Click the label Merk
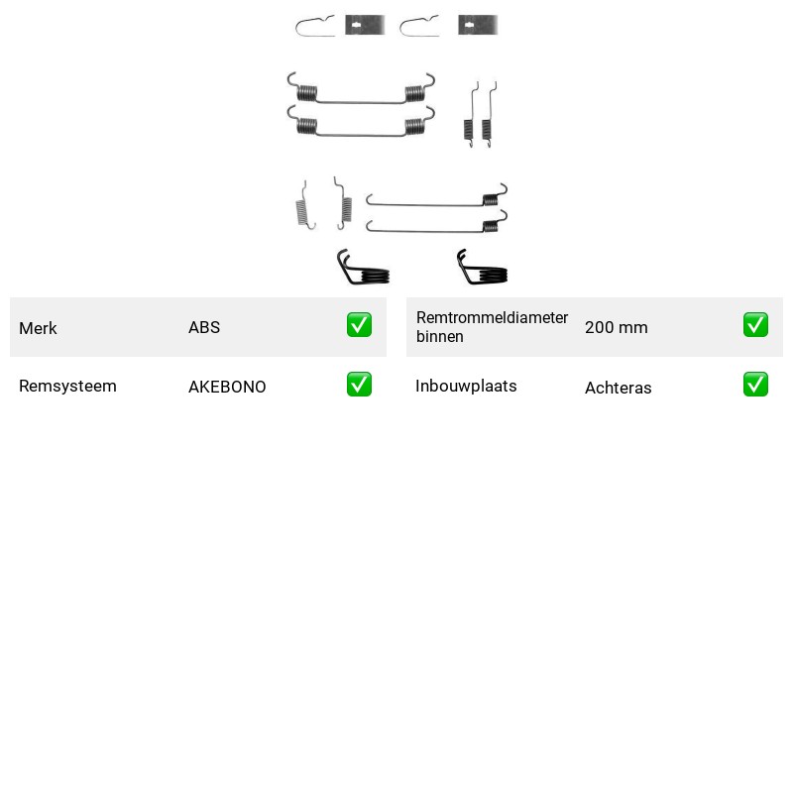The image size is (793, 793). pos(38,328)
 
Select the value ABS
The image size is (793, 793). pos(204,327)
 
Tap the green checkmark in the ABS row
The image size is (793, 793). pos(359,325)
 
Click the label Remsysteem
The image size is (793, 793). pos(67,386)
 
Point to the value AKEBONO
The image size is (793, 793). pos(227,387)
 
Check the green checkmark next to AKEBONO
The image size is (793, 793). pos(359,385)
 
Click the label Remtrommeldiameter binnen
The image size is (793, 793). pos(492,327)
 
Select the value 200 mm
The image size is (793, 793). pos(616,327)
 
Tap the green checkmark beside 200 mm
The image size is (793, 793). pos(755,325)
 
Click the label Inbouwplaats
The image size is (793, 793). pos(466,386)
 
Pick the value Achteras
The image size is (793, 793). pos(618,388)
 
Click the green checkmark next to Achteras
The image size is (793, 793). pos(755,385)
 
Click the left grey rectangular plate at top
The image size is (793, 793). pos(365,25)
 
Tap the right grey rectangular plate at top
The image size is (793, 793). pos(478,25)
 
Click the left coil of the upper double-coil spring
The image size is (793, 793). pos(307,92)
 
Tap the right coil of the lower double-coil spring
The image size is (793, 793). pos(413,126)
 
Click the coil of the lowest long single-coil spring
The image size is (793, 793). pos(490,226)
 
